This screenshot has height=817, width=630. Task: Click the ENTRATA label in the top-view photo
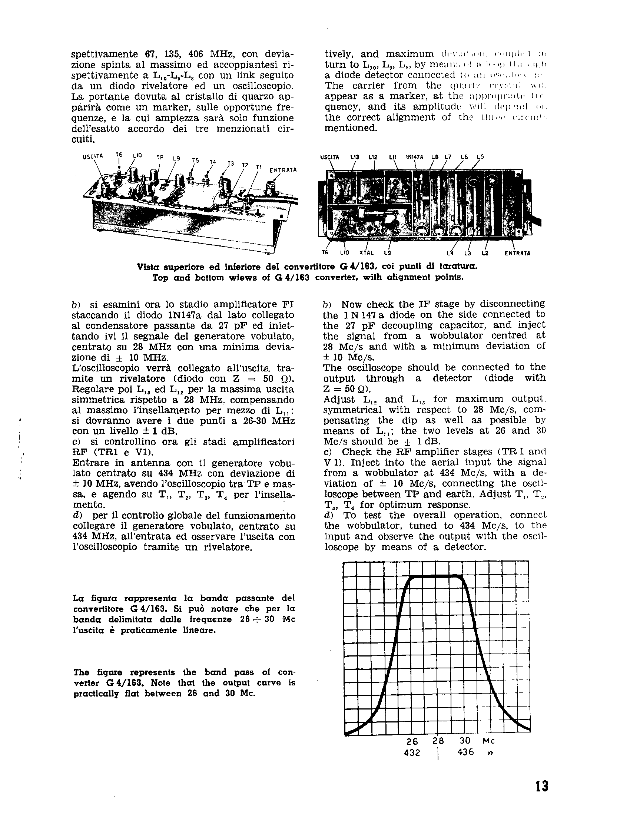tap(283, 170)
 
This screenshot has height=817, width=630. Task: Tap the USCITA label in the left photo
tap(92, 156)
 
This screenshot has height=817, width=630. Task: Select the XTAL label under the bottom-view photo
tap(367, 253)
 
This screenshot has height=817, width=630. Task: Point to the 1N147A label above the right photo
tap(414, 158)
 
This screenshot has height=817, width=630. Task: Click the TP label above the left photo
tap(160, 157)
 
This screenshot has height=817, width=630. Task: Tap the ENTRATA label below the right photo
tap(517, 253)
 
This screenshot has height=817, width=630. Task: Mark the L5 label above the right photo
tap(480, 157)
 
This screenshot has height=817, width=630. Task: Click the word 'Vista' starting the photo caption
tap(147, 267)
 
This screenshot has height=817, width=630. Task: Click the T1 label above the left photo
tap(258, 167)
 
